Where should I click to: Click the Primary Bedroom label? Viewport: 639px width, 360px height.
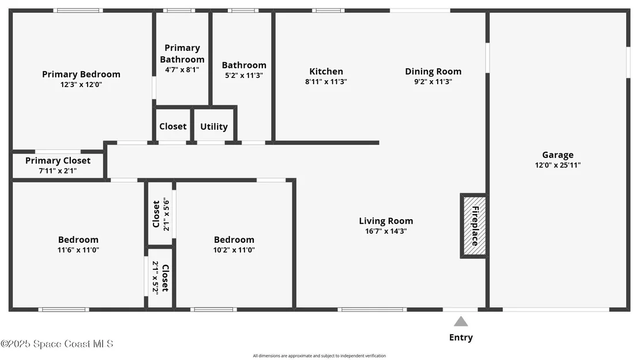pyautogui.click(x=81, y=74)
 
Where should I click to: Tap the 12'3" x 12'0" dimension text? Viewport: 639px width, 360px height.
pyautogui.click(x=81, y=84)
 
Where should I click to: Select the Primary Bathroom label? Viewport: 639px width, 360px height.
pyautogui.click(x=182, y=54)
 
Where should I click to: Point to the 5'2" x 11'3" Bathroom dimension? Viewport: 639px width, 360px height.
pyautogui.click(x=244, y=75)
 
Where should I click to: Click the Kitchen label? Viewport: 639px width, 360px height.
pyautogui.click(x=326, y=72)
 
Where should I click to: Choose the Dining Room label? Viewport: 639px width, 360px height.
pyautogui.click(x=433, y=72)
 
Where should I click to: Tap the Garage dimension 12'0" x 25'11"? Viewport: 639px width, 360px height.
pyautogui.click(x=558, y=164)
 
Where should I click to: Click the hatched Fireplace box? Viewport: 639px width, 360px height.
pyautogui.click(x=475, y=226)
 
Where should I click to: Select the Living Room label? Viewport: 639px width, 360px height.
pyautogui.click(x=386, y=221)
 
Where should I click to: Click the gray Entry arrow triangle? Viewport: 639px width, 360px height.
pyautogui.click(x=461, y=322)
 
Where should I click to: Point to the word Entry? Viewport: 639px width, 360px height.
pyautogui.click(x=461, y=337)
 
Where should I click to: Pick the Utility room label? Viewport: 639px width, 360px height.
pyautogui.click(x=214, y=127)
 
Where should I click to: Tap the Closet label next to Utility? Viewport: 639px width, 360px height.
pyautogui.click(x=173, y=126)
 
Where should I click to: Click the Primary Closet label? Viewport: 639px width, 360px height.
pyautogui.click(x=58, y=160)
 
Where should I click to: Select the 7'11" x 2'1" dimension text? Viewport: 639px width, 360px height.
pyautogui.click(x=58, y=171)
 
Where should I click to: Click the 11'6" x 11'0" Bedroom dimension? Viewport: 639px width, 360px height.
pyautogui.click(x=78, y=250)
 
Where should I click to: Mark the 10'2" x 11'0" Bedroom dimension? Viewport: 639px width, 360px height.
pyautogui.click(x=234, y=250)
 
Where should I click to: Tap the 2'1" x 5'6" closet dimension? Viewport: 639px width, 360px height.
pyautogui.click(x=166, y=215)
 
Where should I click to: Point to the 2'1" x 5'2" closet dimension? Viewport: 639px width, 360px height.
pyautogui.click(x=155, y=277)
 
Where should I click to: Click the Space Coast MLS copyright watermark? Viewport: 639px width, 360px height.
pyautogui.click(x=57, y=344)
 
